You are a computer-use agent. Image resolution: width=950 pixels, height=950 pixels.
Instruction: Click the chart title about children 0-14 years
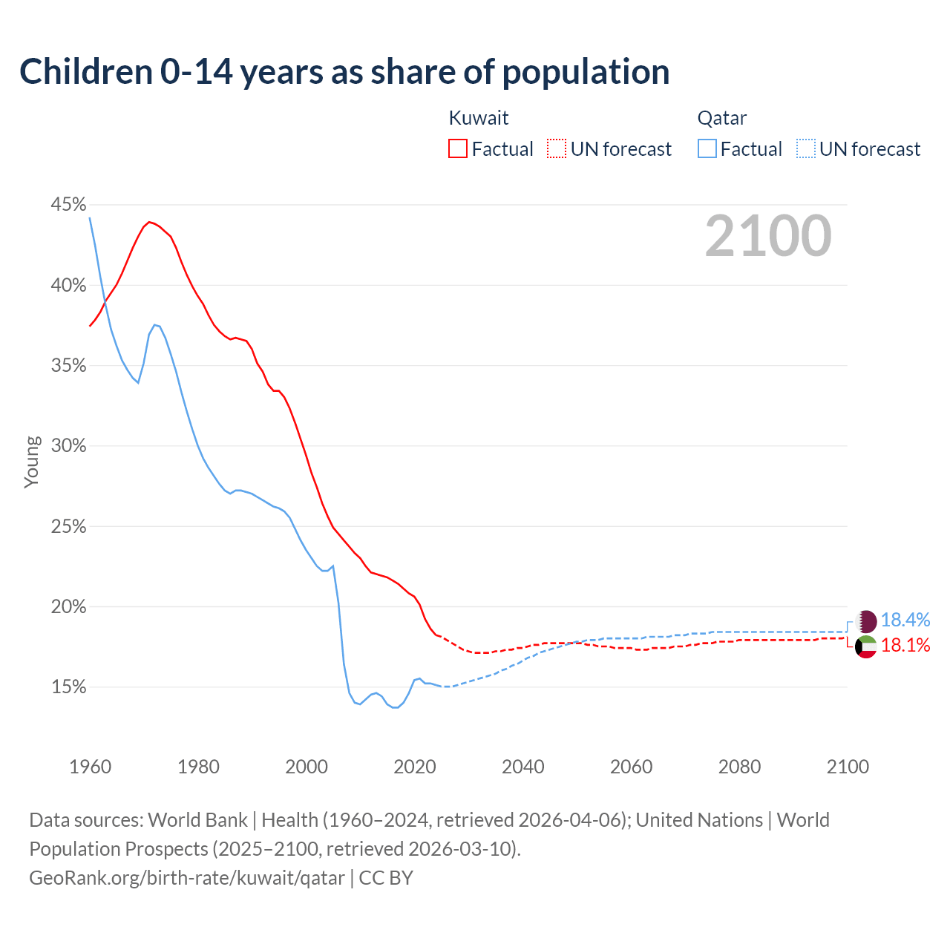tap(344, 72)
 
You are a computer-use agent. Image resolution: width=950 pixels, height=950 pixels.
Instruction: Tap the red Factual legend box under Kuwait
tap(458, 149)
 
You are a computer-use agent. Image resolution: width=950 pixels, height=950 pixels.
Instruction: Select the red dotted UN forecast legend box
tap(557, 149)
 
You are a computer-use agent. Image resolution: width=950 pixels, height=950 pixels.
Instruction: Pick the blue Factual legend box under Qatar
tap(707, 149)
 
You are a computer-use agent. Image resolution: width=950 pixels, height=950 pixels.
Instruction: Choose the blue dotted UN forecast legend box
tap(806, 149)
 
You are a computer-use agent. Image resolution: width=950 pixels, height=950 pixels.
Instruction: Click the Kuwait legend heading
tap(479, 118)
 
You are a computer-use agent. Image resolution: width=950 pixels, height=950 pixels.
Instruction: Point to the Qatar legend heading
tap(721, 118)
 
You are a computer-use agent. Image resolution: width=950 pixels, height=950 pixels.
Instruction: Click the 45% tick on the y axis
tap(68, 204)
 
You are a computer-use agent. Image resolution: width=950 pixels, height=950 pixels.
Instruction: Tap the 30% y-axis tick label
tap(68, 446)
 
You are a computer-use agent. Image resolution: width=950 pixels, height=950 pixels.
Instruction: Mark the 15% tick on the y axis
tap(68, 687)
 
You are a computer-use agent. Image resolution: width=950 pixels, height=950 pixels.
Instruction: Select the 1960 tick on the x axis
tap(90, 767)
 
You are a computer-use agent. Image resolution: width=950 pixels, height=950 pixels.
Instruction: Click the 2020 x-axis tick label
tap(414, 767)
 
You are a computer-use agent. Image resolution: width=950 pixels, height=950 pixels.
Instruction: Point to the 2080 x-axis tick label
tap(739, 767)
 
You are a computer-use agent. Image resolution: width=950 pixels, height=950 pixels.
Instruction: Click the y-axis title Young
tap(32, 462)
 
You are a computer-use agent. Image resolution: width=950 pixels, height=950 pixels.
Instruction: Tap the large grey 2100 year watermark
tap(768, 236)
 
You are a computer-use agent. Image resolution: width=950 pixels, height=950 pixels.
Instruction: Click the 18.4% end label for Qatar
tap(905, 620)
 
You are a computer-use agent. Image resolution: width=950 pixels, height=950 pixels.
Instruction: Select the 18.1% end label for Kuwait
tap(905, 646)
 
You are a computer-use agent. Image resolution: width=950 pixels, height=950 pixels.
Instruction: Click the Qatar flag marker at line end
tap(866, 621)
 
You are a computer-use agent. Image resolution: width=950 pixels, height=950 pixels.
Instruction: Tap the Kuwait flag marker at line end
tap(866, 646)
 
